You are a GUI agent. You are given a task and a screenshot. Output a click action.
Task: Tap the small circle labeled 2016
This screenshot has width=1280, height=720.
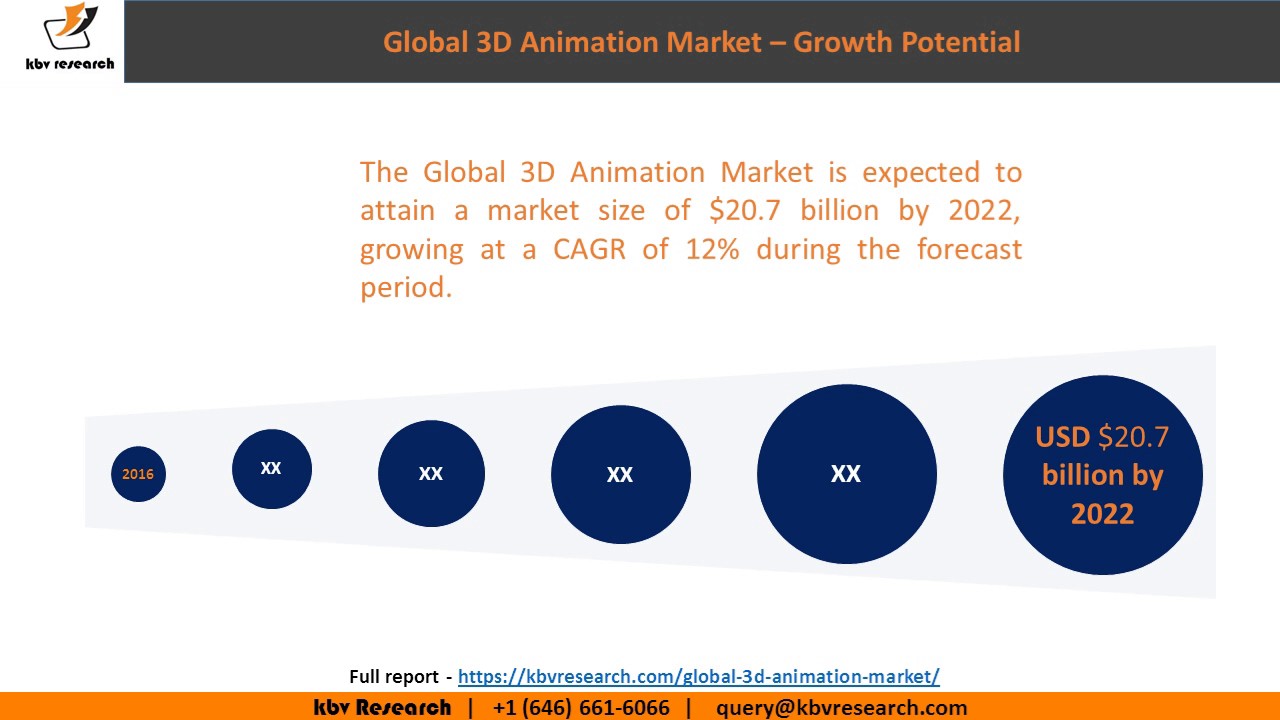pyautogui.click(x=138, y=474)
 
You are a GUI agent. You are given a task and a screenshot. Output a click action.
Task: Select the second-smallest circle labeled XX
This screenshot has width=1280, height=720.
pyautogui.click(x=271, y=468)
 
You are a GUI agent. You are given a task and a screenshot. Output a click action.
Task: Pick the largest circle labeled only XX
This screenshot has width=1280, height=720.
pyautogui.click(x=846, y=474)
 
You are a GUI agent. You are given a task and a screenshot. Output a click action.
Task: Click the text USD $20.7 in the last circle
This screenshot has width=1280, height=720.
pyautogui.click(x=1102, y=437)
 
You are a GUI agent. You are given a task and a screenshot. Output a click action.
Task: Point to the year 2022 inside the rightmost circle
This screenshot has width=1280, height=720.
pyautogui.click(x=1102, y=514)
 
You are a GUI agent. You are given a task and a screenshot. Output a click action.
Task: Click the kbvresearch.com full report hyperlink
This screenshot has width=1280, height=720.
pyautogui.click(x=698, y=676)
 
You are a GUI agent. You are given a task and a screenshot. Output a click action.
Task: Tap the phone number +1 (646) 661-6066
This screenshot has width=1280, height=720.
pyautogui.click(x=581, y=708)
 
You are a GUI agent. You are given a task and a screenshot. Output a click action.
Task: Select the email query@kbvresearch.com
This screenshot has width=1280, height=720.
pyautogui.click(x=841, y=708)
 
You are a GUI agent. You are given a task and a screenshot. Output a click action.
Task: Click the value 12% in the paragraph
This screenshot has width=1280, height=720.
pyautogui.click(x=712, y=249)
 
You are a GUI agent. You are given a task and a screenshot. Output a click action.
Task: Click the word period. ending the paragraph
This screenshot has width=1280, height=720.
pyautogui.click(x=406, y=288)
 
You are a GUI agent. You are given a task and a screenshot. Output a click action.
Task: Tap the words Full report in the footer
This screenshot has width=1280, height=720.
pyautogui.click(x=394, y=676)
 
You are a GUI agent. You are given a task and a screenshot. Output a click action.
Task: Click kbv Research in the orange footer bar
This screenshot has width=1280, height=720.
pyautogui.click(x=382, y=708)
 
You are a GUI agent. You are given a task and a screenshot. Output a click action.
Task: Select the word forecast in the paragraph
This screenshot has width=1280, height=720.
pyautogui.click(x=969, y=249)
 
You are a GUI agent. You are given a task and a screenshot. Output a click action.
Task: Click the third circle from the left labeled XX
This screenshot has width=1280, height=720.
pyautogui.click(x=431, y=474)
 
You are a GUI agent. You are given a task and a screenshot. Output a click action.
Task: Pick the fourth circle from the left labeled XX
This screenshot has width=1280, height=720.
pyautogui.click(x=620, y=474)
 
